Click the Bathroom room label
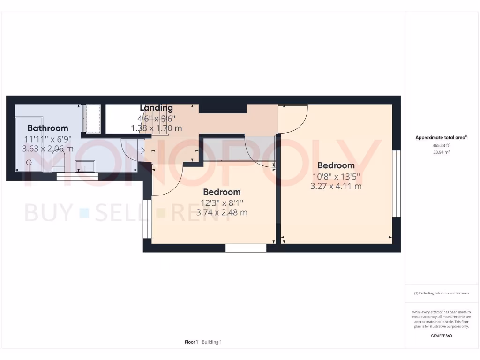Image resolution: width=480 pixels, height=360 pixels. [x=47, y=128]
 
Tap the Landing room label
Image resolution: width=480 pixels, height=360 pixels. [x=156, y=108]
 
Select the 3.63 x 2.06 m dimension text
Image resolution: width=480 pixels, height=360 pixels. [x=47, y=149]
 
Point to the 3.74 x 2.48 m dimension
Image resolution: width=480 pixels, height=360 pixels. [x=222, y=212]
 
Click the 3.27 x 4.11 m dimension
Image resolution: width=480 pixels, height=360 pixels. [x=336, y=186]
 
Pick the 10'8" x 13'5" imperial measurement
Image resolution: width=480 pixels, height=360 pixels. [x=336, y=176]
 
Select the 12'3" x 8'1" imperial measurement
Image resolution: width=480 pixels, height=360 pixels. [x=222, y=202]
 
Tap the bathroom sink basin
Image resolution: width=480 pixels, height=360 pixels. [x=85, y=166]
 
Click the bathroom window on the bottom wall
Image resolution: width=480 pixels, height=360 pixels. [x=77, y=176]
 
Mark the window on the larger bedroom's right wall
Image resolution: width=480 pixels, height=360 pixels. [x=397, y=184]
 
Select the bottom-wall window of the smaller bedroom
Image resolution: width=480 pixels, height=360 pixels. [x=246, y=248]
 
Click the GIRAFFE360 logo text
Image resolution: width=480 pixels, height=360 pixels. [x=441, y=336]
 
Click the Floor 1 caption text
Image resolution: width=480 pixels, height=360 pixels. [x=191, y=342]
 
